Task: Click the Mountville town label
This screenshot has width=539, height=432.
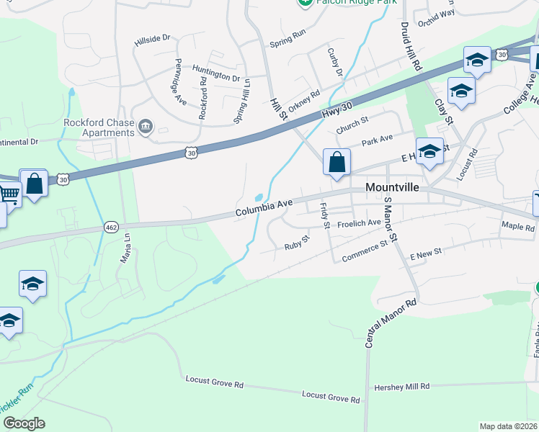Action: (x=397, y=186)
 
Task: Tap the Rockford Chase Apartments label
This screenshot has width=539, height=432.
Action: (x=99, y=127)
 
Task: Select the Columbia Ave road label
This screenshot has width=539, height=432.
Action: (x=264, y=209)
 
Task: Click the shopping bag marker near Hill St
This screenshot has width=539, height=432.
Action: (x=337, y=163)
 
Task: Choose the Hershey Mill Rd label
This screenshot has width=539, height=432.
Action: (x=401, y=387)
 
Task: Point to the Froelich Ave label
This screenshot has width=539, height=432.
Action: (x=360, y=223)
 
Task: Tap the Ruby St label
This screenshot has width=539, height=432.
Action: (x=296, y=241)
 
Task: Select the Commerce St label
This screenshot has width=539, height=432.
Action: (x=364, y=250)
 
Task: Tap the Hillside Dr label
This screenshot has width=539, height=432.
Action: (x=151, y=41)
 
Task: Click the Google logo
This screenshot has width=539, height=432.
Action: (x=24, y=423)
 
